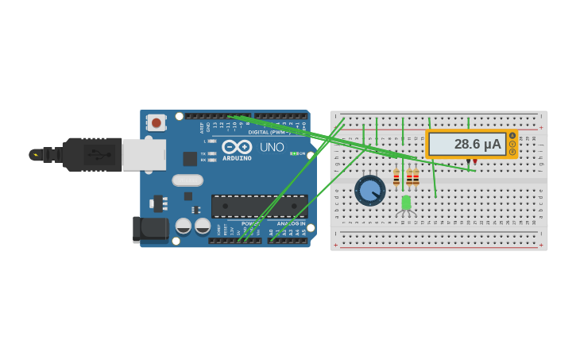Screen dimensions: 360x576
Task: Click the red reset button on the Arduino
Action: (x=157, y=122)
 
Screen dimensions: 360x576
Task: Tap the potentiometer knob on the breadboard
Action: (x=369, y=191)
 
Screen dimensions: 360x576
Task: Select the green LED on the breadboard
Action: (x=406, y=203)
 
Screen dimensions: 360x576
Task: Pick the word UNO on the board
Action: (x=272, y=147)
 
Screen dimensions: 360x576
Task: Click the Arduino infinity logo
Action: (x=237, y=147)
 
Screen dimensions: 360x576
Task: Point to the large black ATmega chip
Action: (x=259, y=206)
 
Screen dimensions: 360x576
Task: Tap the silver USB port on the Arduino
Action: (x=144, y=155)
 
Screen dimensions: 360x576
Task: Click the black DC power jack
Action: (x=150, y=230)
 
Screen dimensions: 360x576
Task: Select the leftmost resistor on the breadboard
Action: (x=396, y=177)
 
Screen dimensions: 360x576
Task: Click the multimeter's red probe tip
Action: (x=475, y=163)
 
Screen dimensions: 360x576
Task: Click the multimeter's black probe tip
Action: (x=468, y=163)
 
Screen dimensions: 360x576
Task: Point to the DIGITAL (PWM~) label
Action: (x=268, y=132)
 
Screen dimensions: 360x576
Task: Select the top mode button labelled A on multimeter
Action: (x=512, y=136)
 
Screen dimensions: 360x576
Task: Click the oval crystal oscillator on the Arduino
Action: (x=187, y=180)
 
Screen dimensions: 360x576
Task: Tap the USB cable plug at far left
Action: (x=36, y=155)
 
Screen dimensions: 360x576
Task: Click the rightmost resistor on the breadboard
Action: (x=416, y=177)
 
